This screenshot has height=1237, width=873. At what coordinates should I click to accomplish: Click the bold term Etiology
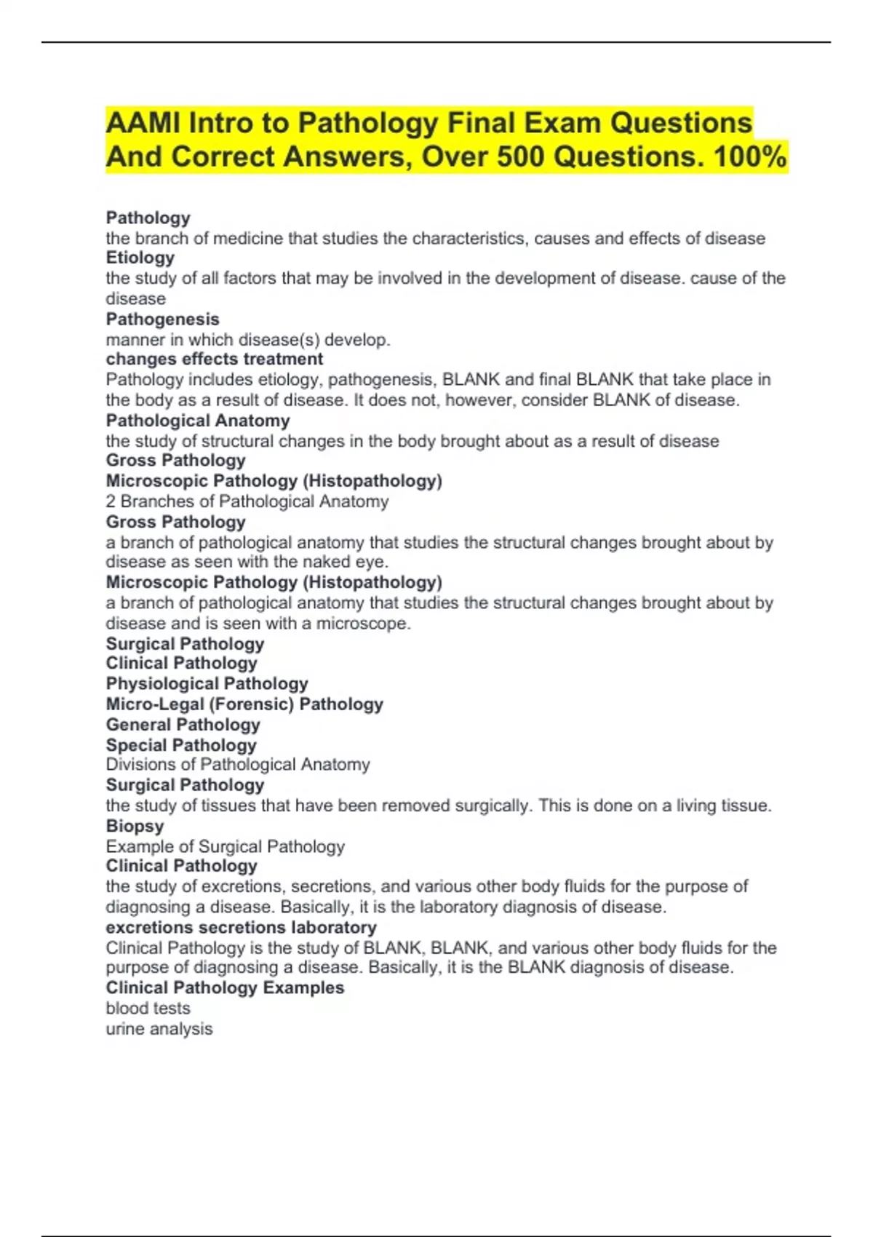point(140,258)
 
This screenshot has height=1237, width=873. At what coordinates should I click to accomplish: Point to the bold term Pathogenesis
point(162,319)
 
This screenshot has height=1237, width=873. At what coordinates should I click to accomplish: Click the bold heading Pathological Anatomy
point(198,421)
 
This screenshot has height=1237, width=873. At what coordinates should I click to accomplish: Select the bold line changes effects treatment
point(215,359)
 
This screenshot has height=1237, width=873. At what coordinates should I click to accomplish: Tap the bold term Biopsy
point(135,826)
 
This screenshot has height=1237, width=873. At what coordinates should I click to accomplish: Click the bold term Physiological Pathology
point(207,683)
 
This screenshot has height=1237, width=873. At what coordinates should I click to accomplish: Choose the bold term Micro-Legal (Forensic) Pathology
point(244,704)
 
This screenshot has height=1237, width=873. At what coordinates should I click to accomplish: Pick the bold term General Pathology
point(183,724)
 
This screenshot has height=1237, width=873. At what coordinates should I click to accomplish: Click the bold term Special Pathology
point(181,745)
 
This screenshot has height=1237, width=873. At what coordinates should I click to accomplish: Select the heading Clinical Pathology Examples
point(225,987)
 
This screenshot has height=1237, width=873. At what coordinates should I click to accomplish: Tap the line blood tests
point(148,1008)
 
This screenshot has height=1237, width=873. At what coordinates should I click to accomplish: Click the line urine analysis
point(159,1028)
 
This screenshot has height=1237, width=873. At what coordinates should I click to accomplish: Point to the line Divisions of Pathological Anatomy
point(238,764)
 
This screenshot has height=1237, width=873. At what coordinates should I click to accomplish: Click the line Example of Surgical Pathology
point(225,846)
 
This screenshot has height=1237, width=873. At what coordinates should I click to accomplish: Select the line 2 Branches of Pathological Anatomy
point(247,501)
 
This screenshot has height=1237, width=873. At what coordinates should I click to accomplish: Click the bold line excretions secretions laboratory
point(241,927)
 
